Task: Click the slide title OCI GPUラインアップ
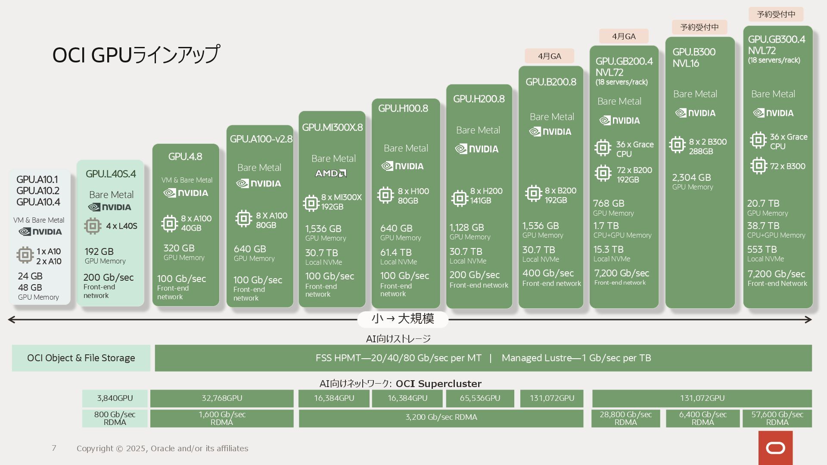pyautogui.click(x=136, y=55)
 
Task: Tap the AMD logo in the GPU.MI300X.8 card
pyautogui.click(x=331, y=173)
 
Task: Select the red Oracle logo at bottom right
pyautogui.click(x=775, y=448)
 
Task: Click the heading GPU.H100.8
pyautogui.click(x=403, y=108)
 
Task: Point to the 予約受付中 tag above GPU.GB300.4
pyautogui.click(x=776, y=14)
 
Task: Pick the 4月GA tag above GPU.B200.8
pyautogui.click(x=549, y=56)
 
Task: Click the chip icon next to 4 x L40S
pyautogui.click(x=93, y=226)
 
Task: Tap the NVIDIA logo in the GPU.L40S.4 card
pyautogui.click(x=110, y=208)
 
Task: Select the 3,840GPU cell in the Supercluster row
pyautogui.click(x=115, y=398)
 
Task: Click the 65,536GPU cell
pyautogui.click(x=480, y=398)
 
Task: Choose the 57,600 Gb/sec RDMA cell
pyautogui.click(x=777, y=418)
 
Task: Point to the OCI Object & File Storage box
pyautogui.click(x=81, y=358)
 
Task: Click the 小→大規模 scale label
pyautogui.click(x=403, y=319)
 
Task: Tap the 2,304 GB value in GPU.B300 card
pyautogui.click(x=691, y=177)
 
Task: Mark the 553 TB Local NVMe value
pyautogui.click(x=762, y=250)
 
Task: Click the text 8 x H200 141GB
pyautogui.click(x=486, y=196)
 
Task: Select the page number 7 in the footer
pyautogui.click(x=54, y=448)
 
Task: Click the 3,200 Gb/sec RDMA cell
pyautogui.click(x=441, y=417)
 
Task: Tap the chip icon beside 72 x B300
pyautogui.click(x=759, y=166)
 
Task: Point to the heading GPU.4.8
pyautogui.click(x=185, y=156)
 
